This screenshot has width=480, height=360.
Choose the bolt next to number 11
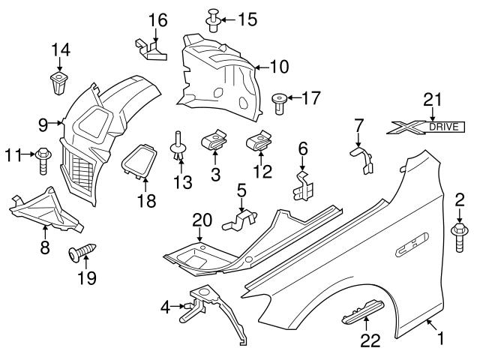(42, 156)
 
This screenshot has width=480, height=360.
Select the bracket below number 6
(303, 184)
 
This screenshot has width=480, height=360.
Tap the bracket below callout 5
(241, 217)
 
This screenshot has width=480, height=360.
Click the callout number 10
(277, 67)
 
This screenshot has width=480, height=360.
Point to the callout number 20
(202, 220)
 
